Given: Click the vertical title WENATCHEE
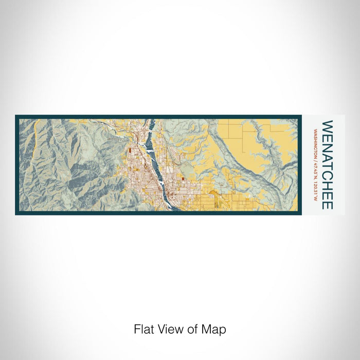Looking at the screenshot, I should pyautogui.click(x=327, y=165).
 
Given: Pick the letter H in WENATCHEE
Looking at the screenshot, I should pyautogui.click(x=327, y=184).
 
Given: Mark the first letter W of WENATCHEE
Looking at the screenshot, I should pyautogui.click(x=327, y=126).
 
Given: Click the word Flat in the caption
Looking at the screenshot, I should pyautogui.click(x=143, y=329).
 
